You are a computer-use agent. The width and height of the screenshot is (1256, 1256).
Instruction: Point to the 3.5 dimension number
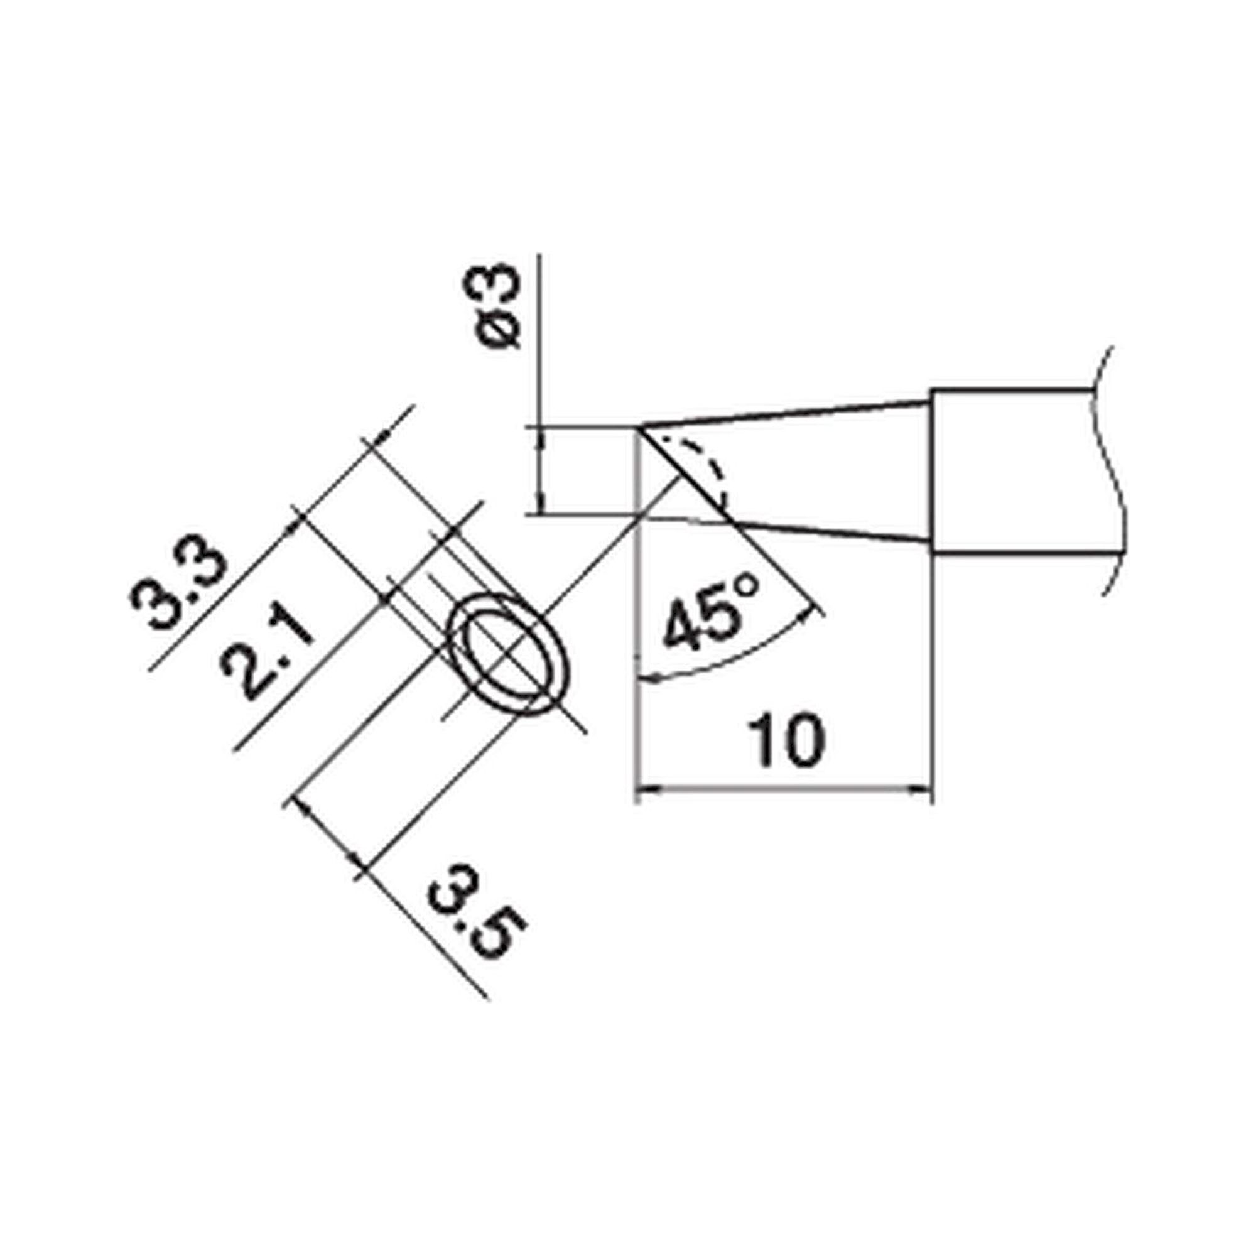(x=477, y=912)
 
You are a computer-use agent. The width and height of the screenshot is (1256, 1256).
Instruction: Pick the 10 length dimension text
(x=786, y=740)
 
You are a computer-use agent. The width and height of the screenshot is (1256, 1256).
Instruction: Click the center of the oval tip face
(x=509, y=655)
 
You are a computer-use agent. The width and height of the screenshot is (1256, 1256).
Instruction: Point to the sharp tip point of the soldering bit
(x=641, y=428)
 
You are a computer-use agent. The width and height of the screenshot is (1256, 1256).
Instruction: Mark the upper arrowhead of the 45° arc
(x=808, y=612)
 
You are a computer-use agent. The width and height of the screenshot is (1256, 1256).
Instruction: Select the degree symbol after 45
(x=746, y=585)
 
